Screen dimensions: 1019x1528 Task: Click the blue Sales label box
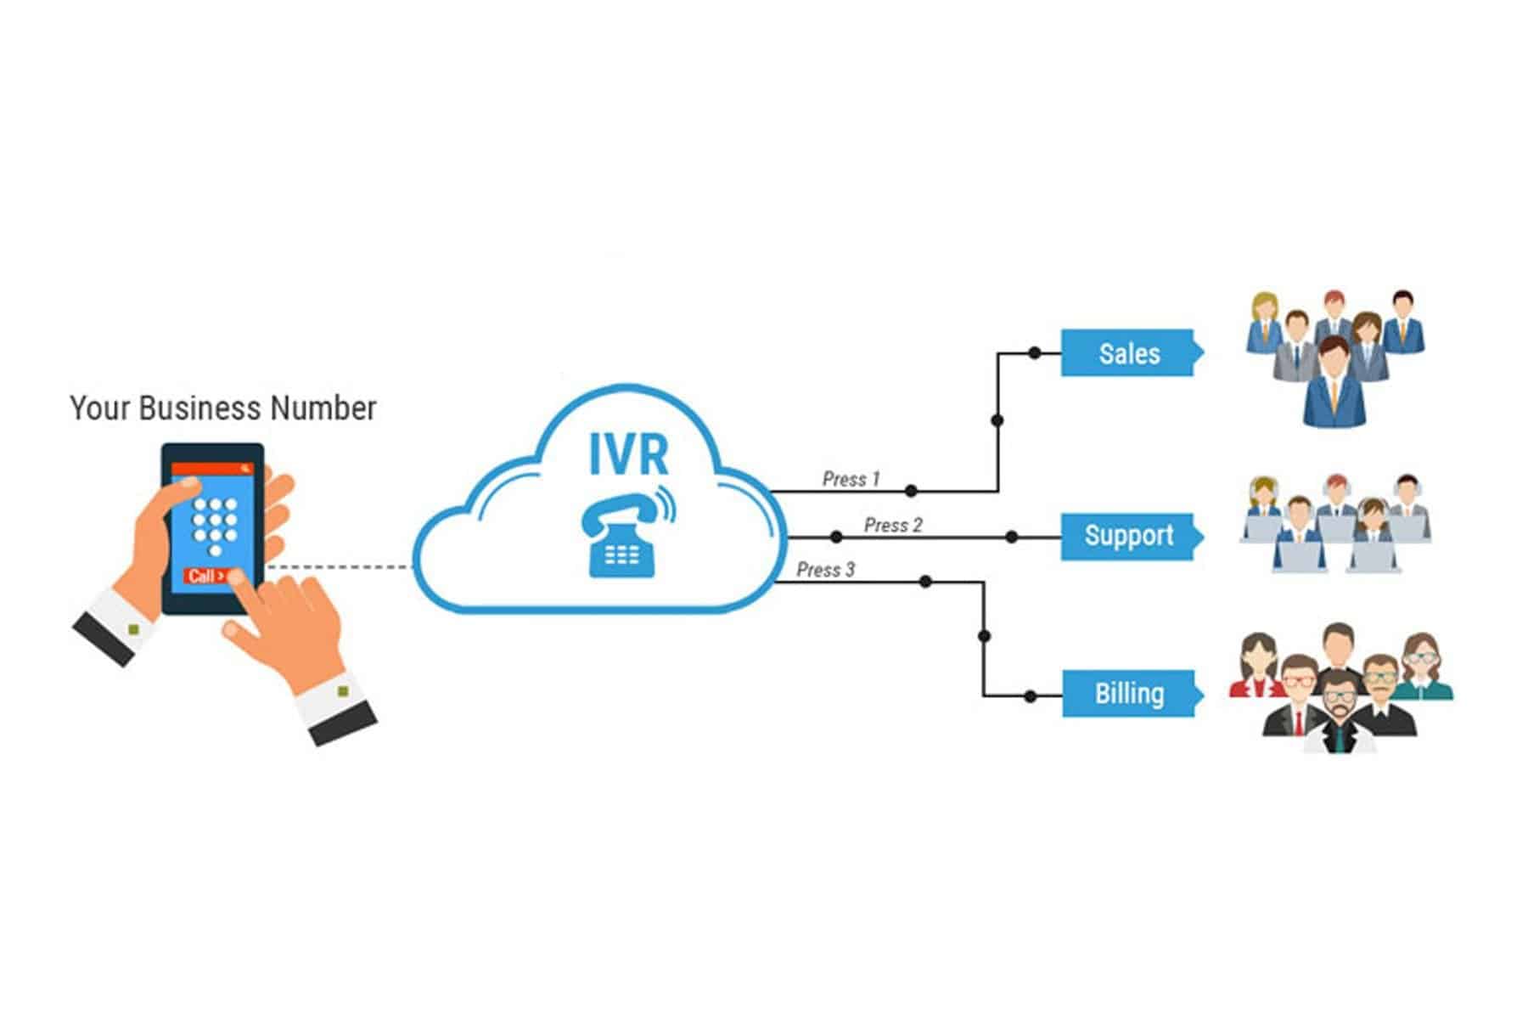tap(1128, 353)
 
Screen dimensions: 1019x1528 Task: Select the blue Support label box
tap(1128, 536)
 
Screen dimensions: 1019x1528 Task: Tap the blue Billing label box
tap(1128, 694)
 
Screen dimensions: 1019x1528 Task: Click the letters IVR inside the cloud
tap(628, 454)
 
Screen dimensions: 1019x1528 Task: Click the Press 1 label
tap(851, 479)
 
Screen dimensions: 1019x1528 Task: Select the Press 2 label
tap(892, 525)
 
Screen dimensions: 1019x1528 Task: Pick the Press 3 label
tap(825, 570)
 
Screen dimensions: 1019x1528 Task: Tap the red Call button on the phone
tap(206, 577)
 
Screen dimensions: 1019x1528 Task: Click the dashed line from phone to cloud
tap(340, 566)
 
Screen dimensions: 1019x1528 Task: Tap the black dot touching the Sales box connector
tap(1034, 352)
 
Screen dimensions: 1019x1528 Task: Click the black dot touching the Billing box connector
tap(1030, 696)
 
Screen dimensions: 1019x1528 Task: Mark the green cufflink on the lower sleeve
tap(343, 692)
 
